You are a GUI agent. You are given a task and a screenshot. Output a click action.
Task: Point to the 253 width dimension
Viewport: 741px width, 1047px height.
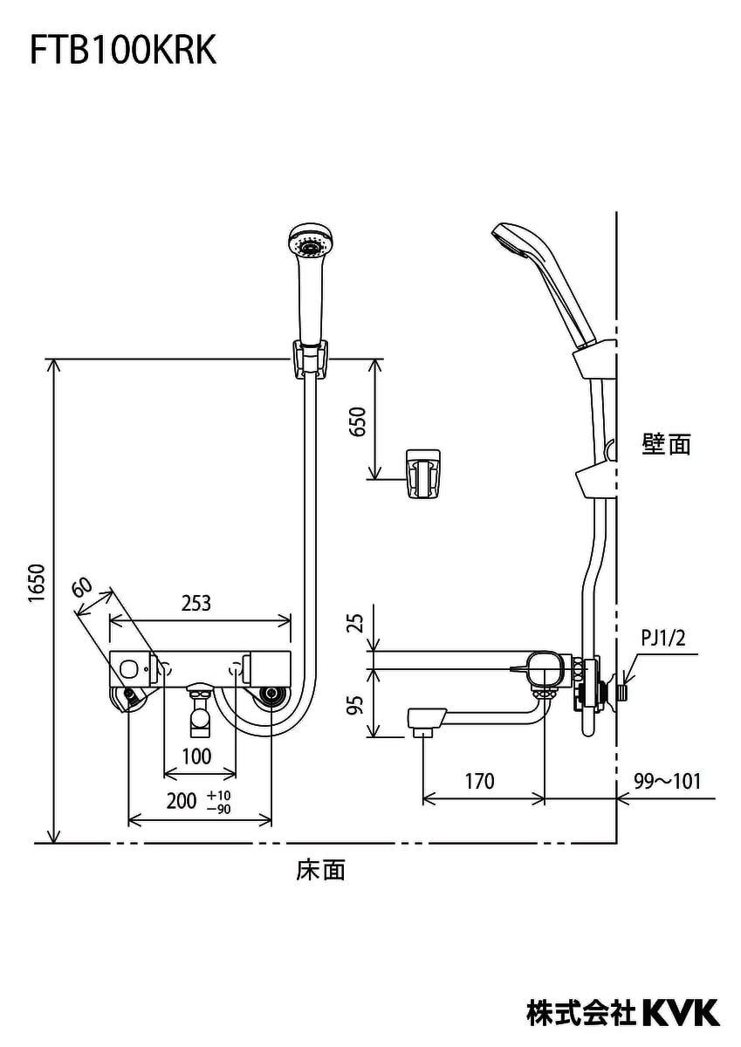pyautogui.click(x=196, y=603)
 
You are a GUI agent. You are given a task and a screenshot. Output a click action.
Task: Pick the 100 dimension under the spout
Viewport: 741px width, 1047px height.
pyautogui.click(x=197, y=756)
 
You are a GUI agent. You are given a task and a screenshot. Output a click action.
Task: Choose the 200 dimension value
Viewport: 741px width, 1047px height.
pyautogui.click(x=182, y=801)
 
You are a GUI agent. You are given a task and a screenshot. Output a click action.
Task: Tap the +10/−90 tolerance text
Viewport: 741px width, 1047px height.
pyautogui.click(x=219, y=802)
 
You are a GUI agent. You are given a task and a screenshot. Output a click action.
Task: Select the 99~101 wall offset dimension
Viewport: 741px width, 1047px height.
pyautogui.click(x=668, y=781)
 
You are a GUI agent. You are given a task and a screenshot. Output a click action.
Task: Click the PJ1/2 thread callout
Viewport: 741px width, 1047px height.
pyautogui.click(x=663, y=639)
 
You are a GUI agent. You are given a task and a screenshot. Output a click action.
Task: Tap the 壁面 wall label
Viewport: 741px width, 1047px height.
pyautogui.click(x=666, y=444)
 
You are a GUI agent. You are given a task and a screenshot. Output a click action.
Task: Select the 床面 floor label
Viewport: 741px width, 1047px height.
pyautogui.click(x=320, y=869)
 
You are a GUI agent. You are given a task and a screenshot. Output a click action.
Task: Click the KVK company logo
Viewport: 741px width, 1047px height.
pyautogui.click(x=682, y=1012)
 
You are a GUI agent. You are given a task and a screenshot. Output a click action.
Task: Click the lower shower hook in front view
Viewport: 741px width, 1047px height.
pyautogui.click(x=423, y=474)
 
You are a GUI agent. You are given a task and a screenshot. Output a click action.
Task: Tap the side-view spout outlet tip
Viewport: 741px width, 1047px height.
pyautogui.click(x=422, y=723)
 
